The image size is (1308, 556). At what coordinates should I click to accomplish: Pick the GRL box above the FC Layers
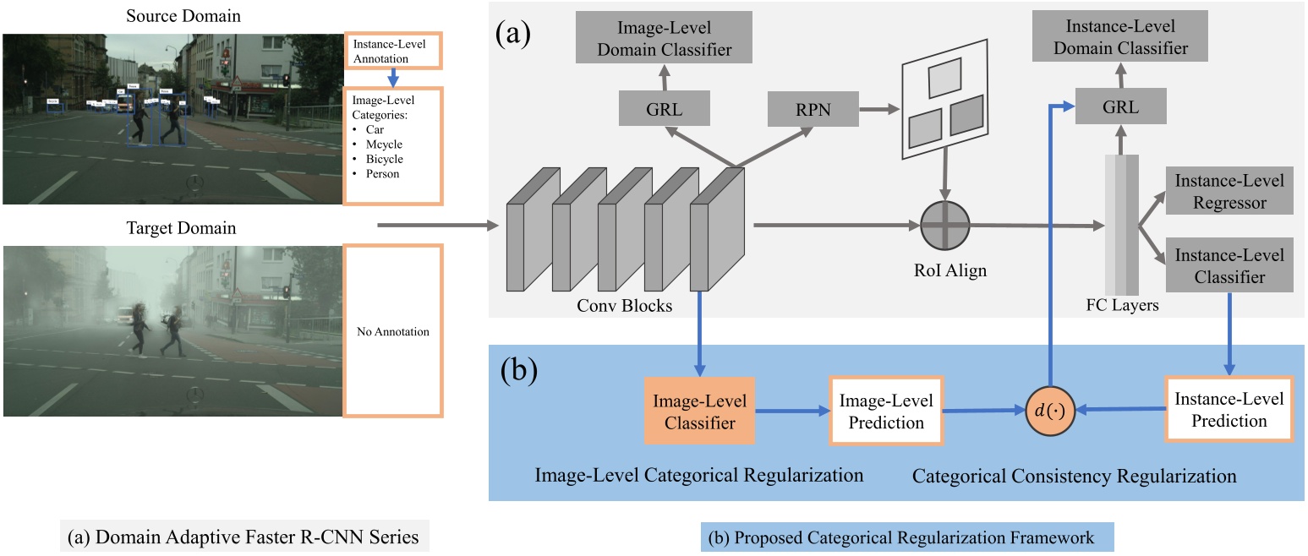click(x=1120, y=107)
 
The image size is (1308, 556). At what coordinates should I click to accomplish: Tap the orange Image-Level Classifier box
click(x=699, y=412)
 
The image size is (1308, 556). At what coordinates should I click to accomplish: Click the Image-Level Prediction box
click(x=886, y=412)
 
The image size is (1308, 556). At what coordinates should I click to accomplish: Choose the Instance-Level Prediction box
click(x=1229, y=410)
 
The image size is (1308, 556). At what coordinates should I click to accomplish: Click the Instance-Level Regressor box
click(x=1228, y=191)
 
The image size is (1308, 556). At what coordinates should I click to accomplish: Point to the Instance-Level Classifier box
click(x=1228, y=265)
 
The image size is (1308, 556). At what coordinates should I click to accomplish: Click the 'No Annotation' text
click(x=392, y=332)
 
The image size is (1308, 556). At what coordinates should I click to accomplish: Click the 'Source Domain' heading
click(x=171, y=16)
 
